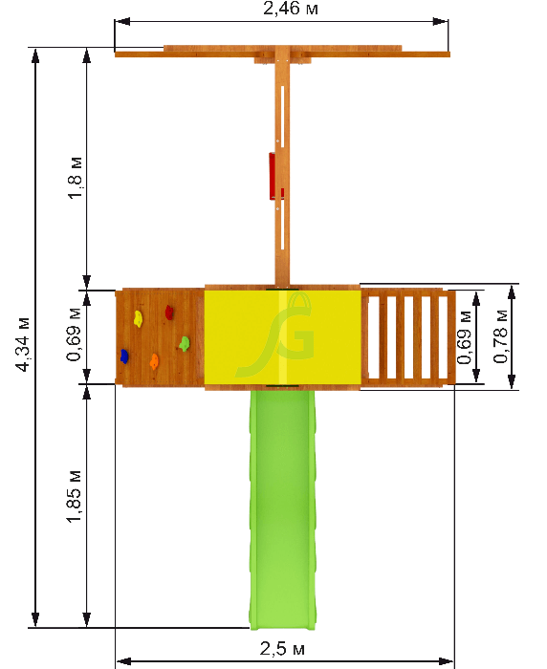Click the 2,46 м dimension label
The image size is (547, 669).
pyautogui.click(x=291, y=9)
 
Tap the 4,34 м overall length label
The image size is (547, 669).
pyautogui.click(x=23, y=344)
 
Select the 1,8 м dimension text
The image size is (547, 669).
pyautogui.click(x=76, y=178)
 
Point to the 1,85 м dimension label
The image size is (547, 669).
pyautogui.click(x=74, y=497)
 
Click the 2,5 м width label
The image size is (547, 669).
pyautogui.click(x=283, y=649)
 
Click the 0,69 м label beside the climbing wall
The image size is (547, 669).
pyautogui.click(x=74, y=334)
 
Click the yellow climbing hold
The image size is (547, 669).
pyautogui.click(x=138, y=318)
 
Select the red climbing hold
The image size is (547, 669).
pyautogui.click(x=169, y=312)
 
